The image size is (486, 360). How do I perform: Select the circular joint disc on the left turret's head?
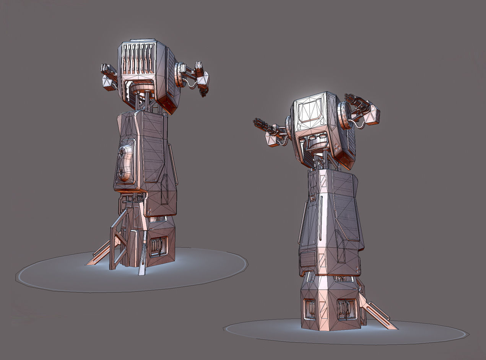pos(179,74)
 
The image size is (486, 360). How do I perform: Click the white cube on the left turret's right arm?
pos(203,78)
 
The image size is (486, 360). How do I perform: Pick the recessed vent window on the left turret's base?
pos(158,246)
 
